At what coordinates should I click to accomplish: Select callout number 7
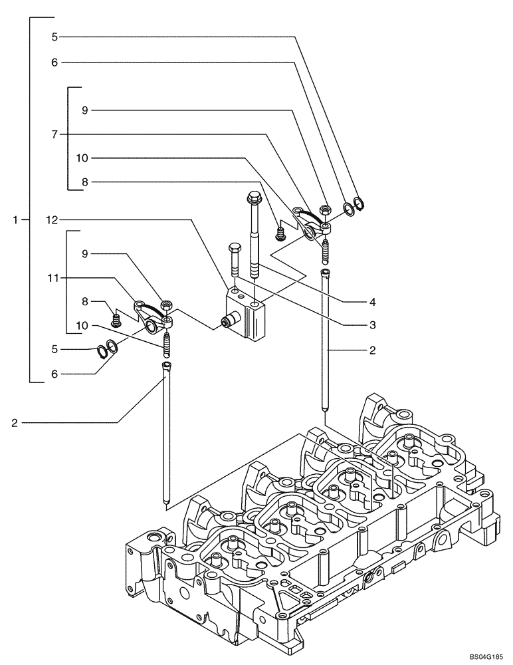point(54,134)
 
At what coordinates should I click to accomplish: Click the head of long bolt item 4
point(253,198)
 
